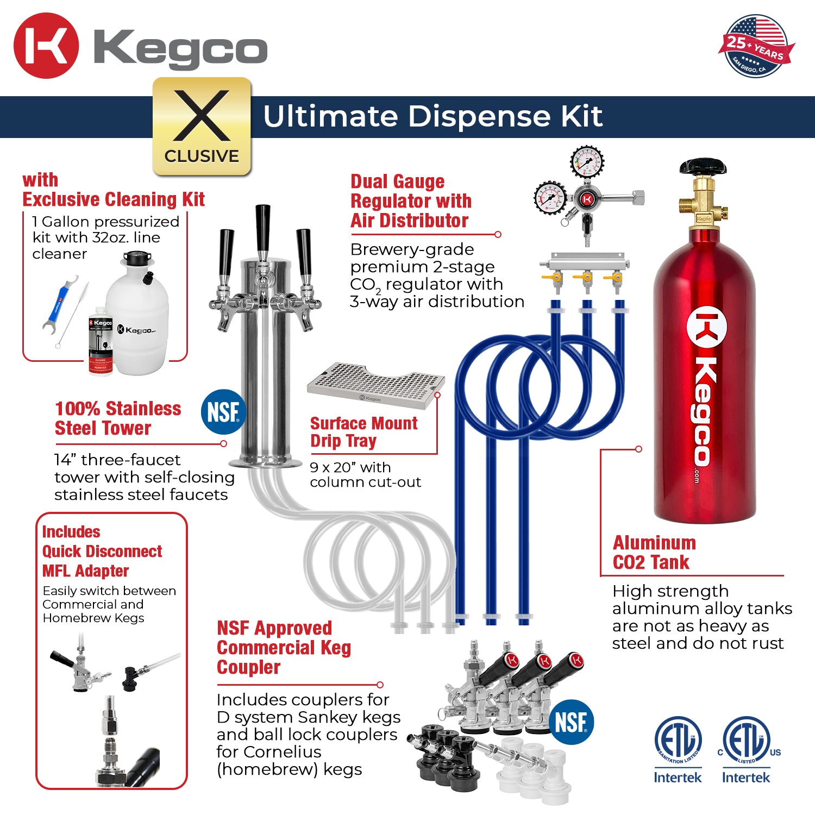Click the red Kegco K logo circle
click(46, 46)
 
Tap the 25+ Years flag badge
click(756, 47)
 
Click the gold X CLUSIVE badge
click(202, 127)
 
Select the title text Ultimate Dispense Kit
click(432, 116)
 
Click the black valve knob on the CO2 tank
click(703, 166)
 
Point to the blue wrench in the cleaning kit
click(62, 304)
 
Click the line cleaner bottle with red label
click(101, 346)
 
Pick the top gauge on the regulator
click(587, 161)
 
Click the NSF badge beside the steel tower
click(223, 412)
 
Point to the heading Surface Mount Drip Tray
click(363, 432)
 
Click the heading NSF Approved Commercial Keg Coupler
click(283, 648)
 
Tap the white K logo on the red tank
click(706, 329)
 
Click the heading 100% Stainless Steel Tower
click(117, 418)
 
